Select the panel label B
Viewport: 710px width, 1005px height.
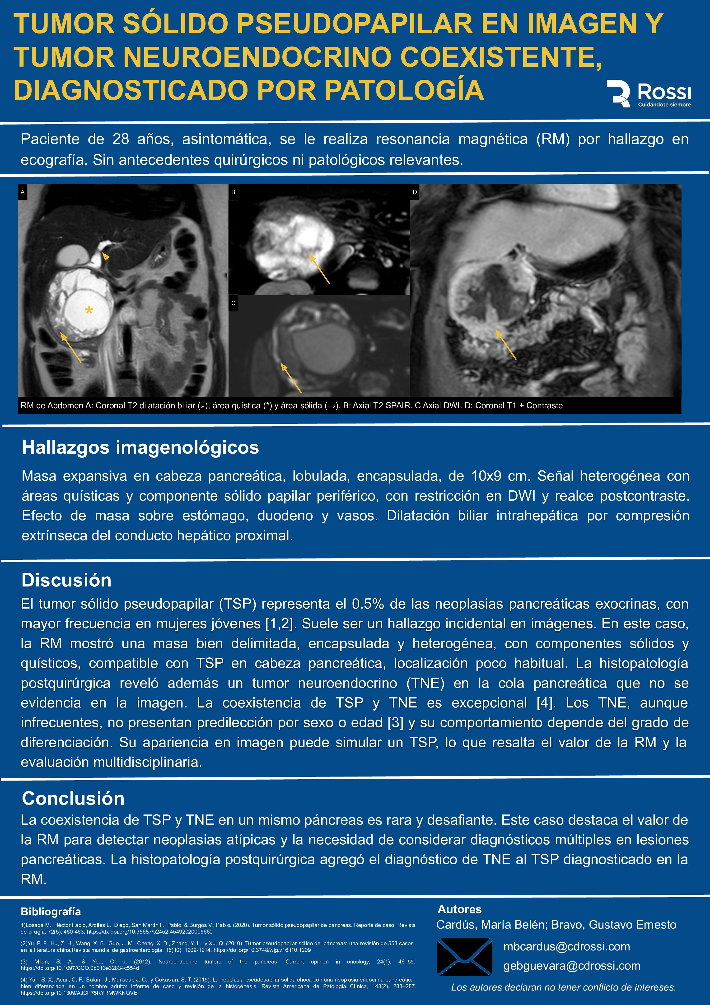pos(233,192)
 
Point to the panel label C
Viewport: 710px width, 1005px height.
pos(233,303)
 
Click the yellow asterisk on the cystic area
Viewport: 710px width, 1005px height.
pos(89,311)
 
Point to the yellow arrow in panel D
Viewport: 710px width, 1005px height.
pos(506,344)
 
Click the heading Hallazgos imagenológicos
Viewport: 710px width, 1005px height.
pos(140,447)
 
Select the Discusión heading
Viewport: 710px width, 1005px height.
pos(66,580)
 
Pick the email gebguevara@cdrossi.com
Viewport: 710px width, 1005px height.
pos(572,966)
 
